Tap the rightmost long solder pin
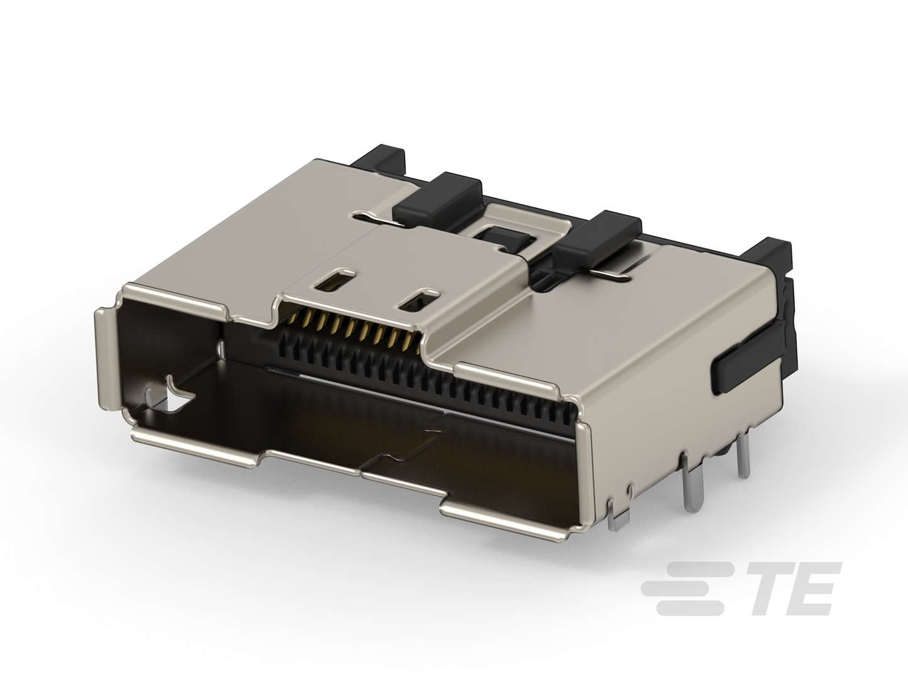743,457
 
